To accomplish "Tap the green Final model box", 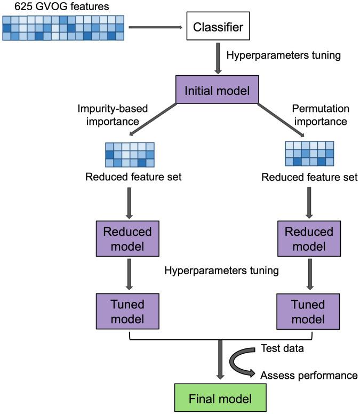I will pyautogui.click(x=219, y=398).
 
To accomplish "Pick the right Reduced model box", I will pyautogui.click(x=309, y=239).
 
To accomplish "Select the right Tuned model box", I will pyautogui.click(x=309, y=312).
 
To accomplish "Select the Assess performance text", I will pyautogui.click(x=308, y=376).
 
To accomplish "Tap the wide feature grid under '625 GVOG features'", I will pyautogui.click(x=63, y=27).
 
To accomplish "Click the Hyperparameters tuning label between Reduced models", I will pyautogui.click(x=222, y=270).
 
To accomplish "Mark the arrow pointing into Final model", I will pyautogui.click(x=219, y=363).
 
